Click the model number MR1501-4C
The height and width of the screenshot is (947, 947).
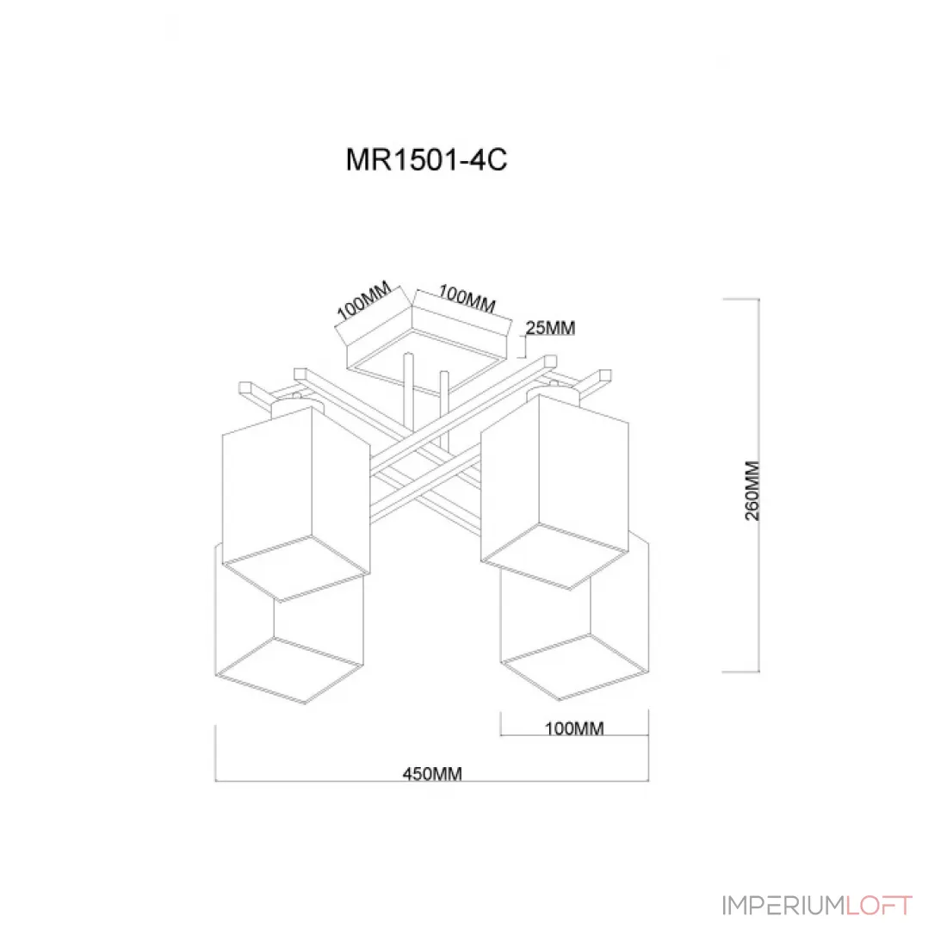tap(426, 160)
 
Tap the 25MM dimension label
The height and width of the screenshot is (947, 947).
tap(550, 328)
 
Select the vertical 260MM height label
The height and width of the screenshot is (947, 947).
tap(752, 491)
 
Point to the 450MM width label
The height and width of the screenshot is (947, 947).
tap(432, 774)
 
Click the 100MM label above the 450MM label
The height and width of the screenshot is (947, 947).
tap(574, 728)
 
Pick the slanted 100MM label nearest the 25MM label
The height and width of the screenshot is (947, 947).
tap(467, 299)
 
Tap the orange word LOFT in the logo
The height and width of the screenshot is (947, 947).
tap(879, 906)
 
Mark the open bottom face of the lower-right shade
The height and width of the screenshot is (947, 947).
tap(574, 666)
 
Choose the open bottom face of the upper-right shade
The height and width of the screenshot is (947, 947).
tap(555, 555)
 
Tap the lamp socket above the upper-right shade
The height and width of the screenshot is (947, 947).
tap(554, 393)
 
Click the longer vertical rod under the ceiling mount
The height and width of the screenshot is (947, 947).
tap(409, 393)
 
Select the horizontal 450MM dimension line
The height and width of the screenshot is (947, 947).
tap(432, 781)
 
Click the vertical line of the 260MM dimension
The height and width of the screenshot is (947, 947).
tap(758, 485)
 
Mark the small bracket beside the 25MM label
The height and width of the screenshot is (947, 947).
tap(522, 347)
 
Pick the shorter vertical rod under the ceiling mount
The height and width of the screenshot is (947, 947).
tap(444, 410)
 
